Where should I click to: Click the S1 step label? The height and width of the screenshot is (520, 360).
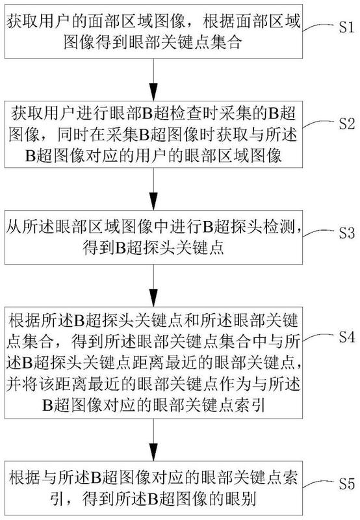pos(347,27)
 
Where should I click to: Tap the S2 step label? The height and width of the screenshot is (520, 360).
pos(347,123)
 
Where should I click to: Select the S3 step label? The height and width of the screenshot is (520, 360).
pos(347,233)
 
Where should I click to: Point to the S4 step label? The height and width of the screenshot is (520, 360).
pos(347,337)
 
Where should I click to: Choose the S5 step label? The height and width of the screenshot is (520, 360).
pos(347,484)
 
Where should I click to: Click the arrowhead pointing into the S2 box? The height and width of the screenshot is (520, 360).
pos(153,92)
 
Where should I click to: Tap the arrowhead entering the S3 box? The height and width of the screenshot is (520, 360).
pos(153,201)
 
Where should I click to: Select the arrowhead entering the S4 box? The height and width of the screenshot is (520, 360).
pos(153,298)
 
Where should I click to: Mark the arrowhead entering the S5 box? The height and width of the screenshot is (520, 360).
pos(153,452)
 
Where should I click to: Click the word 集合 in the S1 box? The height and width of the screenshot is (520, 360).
pos(225,42)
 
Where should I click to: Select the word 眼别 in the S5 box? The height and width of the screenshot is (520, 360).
pos(240,498)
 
